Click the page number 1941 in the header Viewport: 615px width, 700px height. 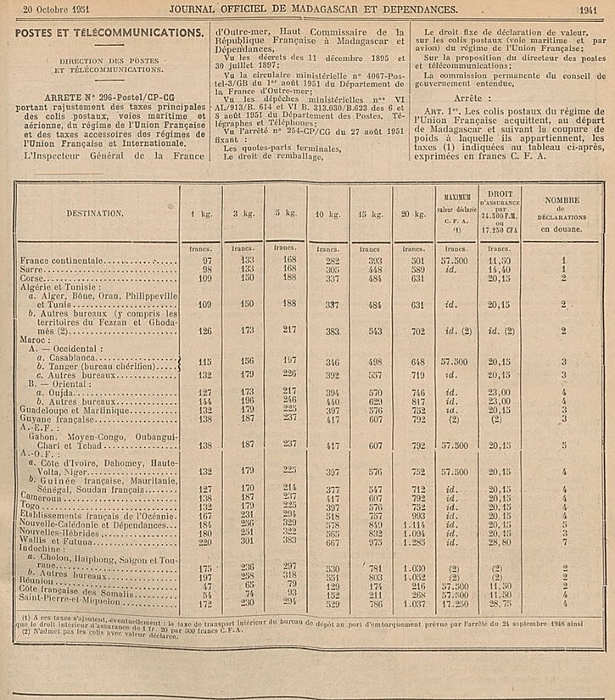(x=588, y=10)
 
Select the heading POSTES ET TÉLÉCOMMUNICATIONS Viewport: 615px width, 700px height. (x=109, y=32)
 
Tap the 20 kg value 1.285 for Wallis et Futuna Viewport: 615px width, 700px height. (x=415, y=540)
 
